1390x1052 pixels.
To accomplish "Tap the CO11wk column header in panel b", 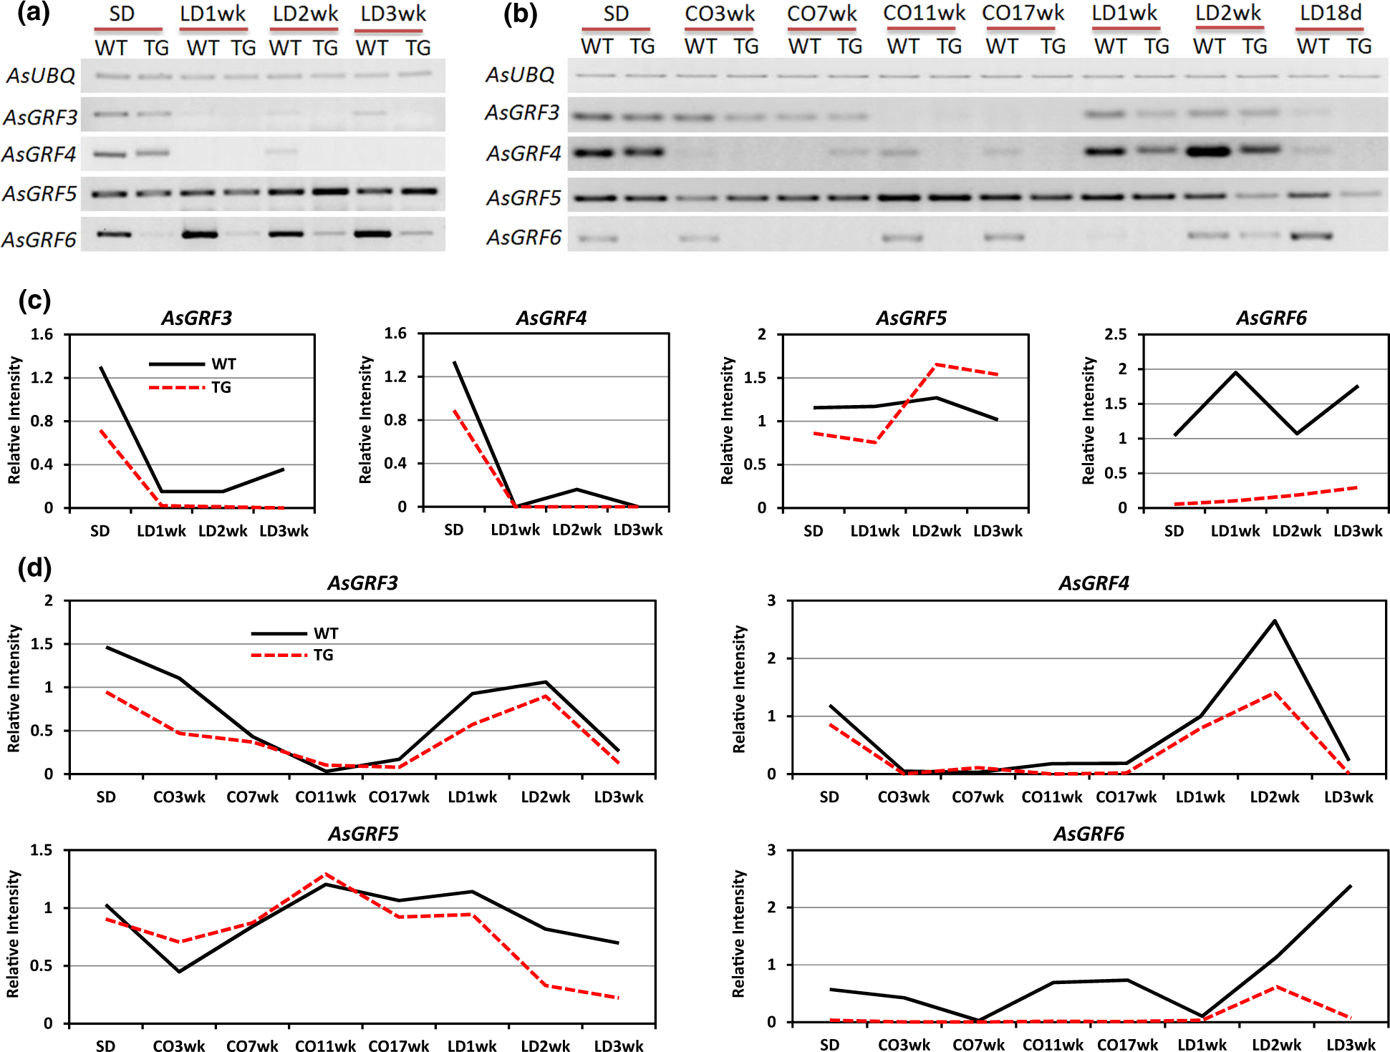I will pyautogui.click(x=924, y=14).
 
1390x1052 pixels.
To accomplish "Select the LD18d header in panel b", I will pyautogui.click(x=1331, y=14).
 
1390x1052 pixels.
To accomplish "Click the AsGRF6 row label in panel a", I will pyautogui.click(x=39, y=239).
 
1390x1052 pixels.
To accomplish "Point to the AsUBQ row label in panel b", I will pyautogui.click(x=521, y=74).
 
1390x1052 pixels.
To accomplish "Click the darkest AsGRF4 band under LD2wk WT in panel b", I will pyautogui.click(x=1208, y=151).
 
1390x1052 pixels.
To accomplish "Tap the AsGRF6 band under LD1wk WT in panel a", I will pyautogui.click(x=200, y=234).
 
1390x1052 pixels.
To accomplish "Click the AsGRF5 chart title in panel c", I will pyautogui.click(x=911, y=318).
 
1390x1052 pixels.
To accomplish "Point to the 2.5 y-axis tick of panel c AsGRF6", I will pyautogui.click(x=1116, y=334).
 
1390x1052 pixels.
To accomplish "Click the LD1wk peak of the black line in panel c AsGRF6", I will pyautogui.click(x=1235, y=372).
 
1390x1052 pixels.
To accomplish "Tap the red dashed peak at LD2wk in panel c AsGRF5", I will pyautogui.click(x=936, y=365).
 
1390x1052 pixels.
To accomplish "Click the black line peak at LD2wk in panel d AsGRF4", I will pyautogui.click(x=1275, y=620).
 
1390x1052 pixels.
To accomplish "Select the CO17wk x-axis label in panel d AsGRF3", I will pyautogui.click(x=399, y=797).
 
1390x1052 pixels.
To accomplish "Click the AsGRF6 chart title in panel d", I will pyautogui.click(x=1089, y=834).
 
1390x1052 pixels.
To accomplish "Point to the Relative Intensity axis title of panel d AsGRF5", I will pyautogui.click(x=14, y=934).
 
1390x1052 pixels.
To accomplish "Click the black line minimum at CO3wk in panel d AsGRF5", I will pyautogui.click(x=179, y=971).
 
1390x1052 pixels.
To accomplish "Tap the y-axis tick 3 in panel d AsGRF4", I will pyautogui.click(x=771, y=600).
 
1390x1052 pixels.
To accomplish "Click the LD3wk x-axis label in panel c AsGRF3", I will pyautogui.click(x=284, y=531).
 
